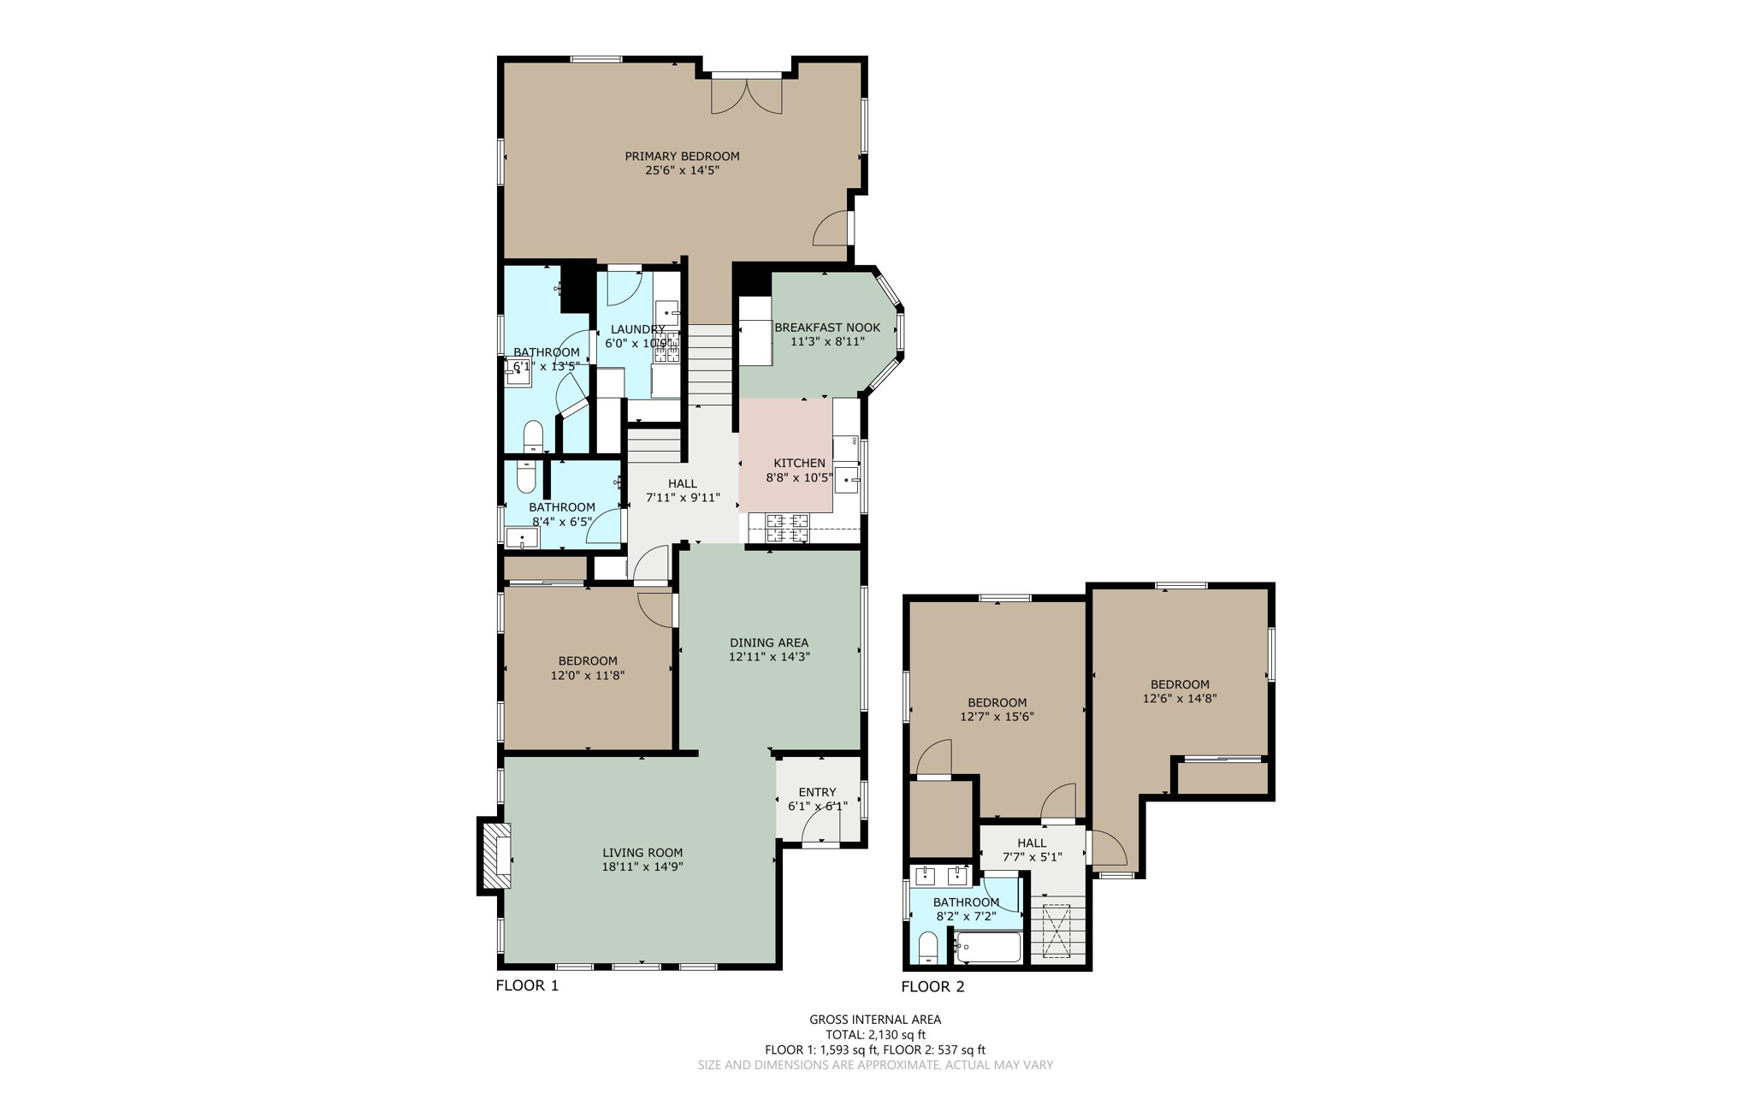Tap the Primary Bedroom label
tap(682, 157)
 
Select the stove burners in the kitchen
tap(787, 528)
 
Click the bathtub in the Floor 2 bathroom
tap(990, 947)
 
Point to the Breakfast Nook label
tap(826, 328)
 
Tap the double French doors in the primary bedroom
tap(747, 96)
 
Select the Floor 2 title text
tap(932, 986)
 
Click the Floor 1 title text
tap(527, 985)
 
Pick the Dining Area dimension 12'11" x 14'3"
tap(769, 657)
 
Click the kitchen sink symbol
tap(846, 480)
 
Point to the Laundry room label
tap(637, 329)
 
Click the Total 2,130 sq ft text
tap(875, 1034)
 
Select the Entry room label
tap(817, 792)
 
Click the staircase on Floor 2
tap(1057, 932)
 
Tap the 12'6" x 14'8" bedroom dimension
tap(1180, 698)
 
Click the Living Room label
tap(642, 853)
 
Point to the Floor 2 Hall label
tap(1032, 843)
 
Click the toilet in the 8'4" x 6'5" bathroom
tap(526, 476)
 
